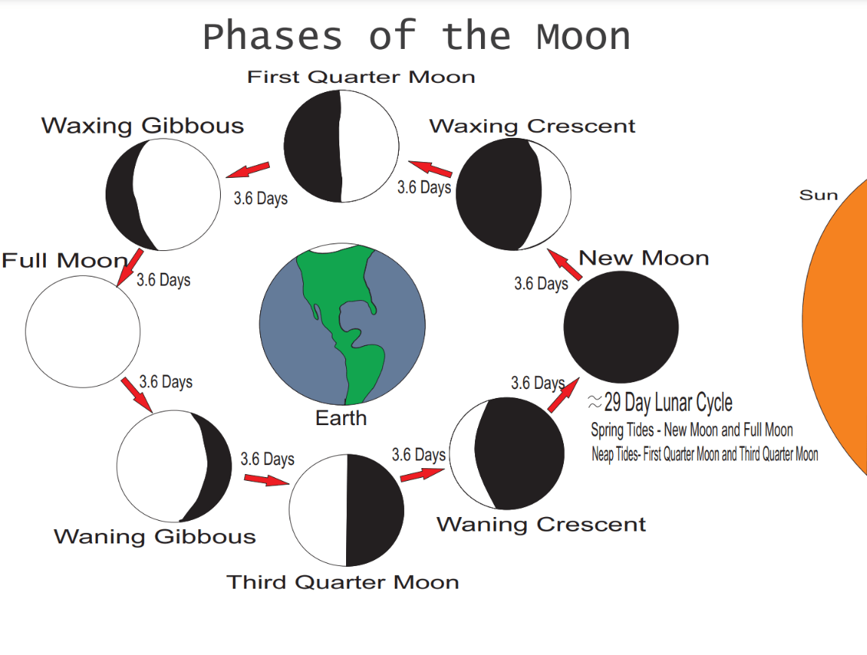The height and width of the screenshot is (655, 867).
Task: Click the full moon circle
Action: [83, 331]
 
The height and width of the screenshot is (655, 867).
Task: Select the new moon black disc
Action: [621, 326]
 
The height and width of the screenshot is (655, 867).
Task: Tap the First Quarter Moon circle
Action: [342, 146]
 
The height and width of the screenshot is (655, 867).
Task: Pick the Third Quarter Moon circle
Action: [347, 510]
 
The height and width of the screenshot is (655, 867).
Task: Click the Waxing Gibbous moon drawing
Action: [163, 194]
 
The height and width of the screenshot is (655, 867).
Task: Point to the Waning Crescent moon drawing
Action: [507, 453]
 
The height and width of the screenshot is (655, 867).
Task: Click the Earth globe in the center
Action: [342, 324]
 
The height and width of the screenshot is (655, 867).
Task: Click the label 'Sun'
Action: [818, 195]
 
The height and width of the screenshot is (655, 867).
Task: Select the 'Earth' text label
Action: [342, 418]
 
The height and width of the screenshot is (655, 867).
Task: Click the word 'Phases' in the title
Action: [273, 36]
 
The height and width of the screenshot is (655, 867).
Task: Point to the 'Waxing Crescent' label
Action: [532, 127]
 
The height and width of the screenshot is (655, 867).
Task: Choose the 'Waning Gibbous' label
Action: [155, 537]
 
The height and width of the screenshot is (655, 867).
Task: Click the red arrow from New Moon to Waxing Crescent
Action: [564, 265]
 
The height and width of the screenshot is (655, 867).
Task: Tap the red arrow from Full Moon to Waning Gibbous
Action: [136, 394]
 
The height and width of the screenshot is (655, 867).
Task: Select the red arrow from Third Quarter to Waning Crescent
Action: [422, 475]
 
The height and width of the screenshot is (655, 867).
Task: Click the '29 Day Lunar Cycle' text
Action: [668, 402]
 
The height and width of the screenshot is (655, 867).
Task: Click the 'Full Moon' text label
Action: [65, 260]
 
